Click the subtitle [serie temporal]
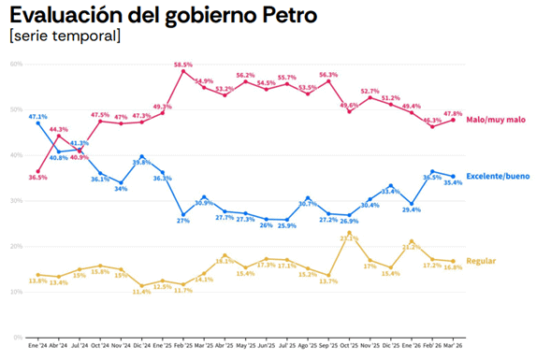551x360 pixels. [64, 36]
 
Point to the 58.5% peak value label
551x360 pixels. [183, 65]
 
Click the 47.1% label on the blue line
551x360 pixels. [38, 114]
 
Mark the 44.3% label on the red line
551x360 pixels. [59, 129]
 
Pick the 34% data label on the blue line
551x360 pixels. [121, 189]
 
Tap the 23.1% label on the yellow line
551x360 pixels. [349, 238]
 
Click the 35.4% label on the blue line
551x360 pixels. [454, 183]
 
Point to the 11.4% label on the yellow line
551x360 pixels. [141, 292]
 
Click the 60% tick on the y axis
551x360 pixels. [16, 64]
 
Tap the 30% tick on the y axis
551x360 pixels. [16, 200]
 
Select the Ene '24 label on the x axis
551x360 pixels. [38, 346]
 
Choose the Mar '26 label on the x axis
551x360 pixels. [454, 346]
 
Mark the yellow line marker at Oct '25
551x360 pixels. [349, 232]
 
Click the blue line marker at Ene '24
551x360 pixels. [38, 122]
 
